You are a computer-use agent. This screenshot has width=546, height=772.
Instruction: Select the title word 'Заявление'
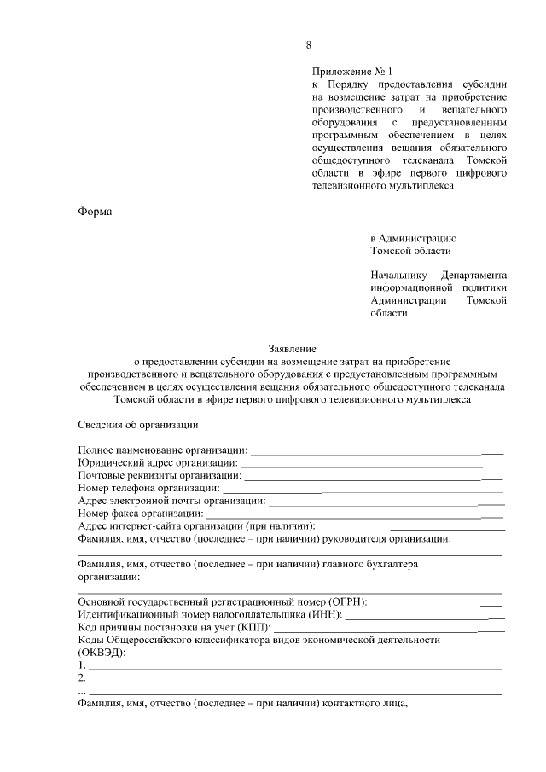click(293, 349)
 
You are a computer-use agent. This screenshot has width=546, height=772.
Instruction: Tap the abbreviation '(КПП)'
click(247, 627)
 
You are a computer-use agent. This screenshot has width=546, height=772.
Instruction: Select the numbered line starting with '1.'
click(290, 665)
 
